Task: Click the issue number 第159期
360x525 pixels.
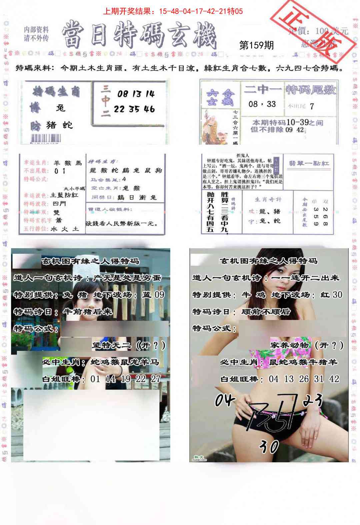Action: point(256,45)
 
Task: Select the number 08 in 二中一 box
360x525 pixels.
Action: point(253,104)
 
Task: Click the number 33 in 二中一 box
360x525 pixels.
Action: point(271,104)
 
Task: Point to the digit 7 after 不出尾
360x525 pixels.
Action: point(311,106)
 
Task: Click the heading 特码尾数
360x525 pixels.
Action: point(311,90)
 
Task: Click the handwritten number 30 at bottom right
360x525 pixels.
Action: point(269,446)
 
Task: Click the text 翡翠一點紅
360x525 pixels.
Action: point(309,163)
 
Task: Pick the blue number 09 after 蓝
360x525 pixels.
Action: point(159,295)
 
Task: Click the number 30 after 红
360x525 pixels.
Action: point(337,295)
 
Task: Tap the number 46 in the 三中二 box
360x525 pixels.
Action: point(149,109)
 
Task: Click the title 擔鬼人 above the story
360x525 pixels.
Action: point(242,155)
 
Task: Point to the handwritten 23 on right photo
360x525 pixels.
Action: point(312,400)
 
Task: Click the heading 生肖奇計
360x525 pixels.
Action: point(268,199)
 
